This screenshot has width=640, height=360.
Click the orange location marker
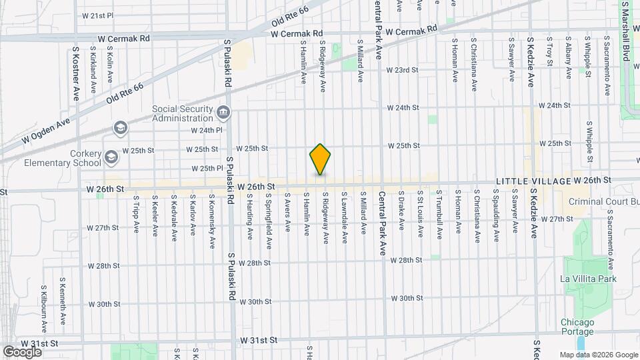coord(320,159)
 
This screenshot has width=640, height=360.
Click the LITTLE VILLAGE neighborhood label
coord(531,181)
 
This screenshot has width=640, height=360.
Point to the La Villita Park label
coord(588,279)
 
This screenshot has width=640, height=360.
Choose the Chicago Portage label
coord(577,327)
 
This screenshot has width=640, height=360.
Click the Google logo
coord(22,351)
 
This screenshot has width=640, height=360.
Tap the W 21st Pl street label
coord(98,15)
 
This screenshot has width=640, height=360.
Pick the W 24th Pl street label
coord(205,131)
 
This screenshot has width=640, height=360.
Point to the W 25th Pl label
coord(206,169)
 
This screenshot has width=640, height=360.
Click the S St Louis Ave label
coord(420,213)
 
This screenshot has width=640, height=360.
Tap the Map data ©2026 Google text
coord(598,355)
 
